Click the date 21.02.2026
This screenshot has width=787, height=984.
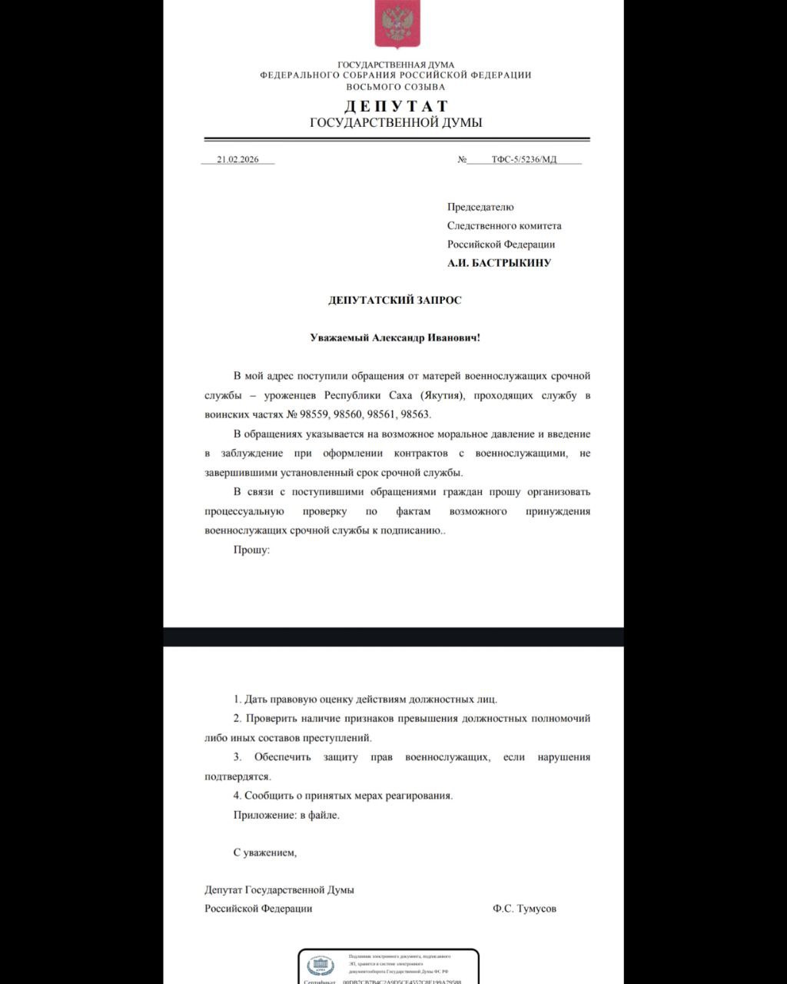pyautogui.click(x=237, y=159)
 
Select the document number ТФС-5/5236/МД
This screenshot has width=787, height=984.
pyautogui.click(x=524, y=159)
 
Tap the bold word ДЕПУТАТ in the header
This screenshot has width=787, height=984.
pyautogui.click(x=396, y=106)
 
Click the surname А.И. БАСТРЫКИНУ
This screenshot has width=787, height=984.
pyautogui.click(x=500, y=263)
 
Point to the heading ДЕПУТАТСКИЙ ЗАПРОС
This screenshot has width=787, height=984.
pyautogui.click(x=395, y=300)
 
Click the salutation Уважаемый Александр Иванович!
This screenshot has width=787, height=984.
pyautogui.click(x=395, y=337)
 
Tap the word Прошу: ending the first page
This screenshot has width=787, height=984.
pyautogui.click(x=251, y=550)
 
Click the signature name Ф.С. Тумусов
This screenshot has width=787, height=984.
pyautogui.click(x=524, y=908)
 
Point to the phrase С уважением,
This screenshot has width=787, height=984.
pyautogui.click(x=264, y=852)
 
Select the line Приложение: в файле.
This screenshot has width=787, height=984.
pyautogui.click(x=286, y=815)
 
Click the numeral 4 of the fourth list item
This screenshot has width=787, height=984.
pyautogui.click(x=237, y=796)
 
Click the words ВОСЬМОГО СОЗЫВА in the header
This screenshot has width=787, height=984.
pyautogui.click(x=396, y=87)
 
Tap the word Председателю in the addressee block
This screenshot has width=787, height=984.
pyautogui.click(x=480, y=207)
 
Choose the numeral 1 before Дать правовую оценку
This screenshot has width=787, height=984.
pyautogui.click(x=237, y=700)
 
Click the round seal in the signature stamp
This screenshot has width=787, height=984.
pyautogui.click(x=320, y=966)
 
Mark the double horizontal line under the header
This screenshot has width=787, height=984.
pyautogui.click(x=396, y=140)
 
